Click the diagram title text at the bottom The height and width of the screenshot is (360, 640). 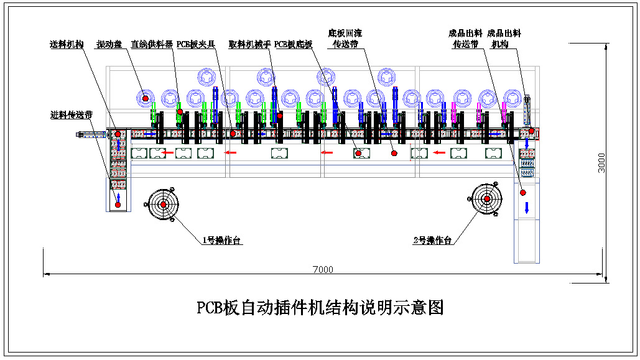(x=320, y=307)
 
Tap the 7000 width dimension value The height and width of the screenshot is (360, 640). (x=323, y=269)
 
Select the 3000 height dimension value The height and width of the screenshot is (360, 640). (x=601, y=164)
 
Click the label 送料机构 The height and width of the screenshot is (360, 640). (x=67, y=45)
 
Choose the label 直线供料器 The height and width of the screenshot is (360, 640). (x=152, y=45)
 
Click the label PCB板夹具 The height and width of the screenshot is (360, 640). (x=195, y=45)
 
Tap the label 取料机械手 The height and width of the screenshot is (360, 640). (x=249, y=45)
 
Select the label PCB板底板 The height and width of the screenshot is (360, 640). (x=293, y=45)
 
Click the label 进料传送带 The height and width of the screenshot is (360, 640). (x=72, y=115)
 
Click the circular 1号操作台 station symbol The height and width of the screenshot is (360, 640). (x=163, y=204)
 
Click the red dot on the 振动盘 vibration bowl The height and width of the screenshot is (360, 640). (x=146, y=98)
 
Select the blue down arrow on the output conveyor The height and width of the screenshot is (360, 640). (x=526, y=207)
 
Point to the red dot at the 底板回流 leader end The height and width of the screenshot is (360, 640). (x=393, y=153)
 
